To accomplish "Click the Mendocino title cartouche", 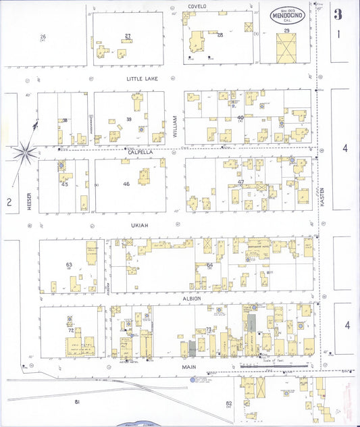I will [x=288, y=15].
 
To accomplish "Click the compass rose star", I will [x=26, y=152].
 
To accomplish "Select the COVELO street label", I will [x=197, y=6].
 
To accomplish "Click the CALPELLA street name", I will [x=141, y=152].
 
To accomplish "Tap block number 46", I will [x=126, y=184].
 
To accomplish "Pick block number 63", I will [x=69, y=264].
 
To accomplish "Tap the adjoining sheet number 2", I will [x=9, y=201].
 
